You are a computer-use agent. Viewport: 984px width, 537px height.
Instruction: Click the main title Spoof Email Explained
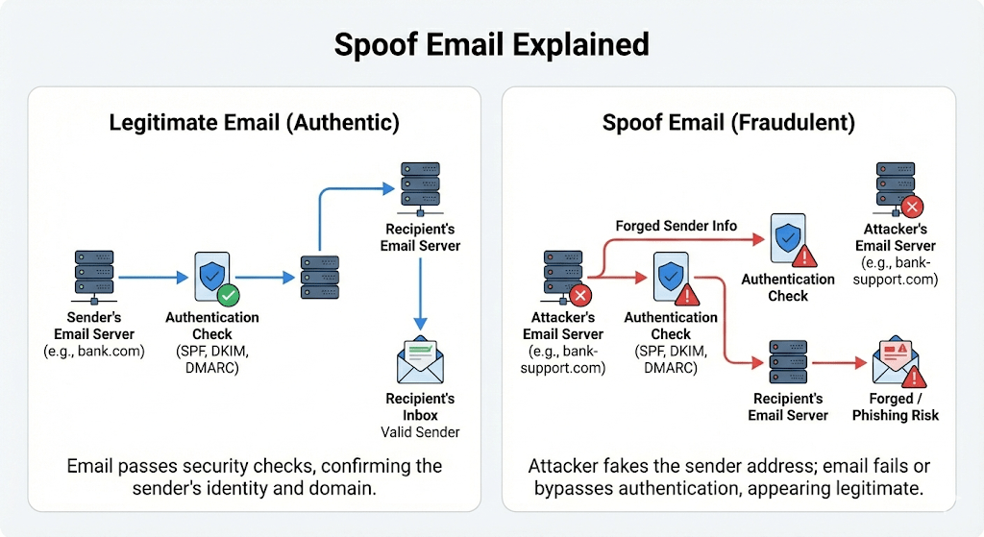(x=491, y=44)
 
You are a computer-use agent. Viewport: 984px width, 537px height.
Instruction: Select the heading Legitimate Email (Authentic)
(x=254, y=123)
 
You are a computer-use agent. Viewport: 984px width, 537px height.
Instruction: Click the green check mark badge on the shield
(x=229, y=294)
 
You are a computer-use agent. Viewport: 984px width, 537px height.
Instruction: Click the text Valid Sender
(x=421, y=432)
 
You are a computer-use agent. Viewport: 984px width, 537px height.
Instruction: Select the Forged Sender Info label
(x=676, y=226)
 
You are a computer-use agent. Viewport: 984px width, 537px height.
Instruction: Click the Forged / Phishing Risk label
(x=896, y=406)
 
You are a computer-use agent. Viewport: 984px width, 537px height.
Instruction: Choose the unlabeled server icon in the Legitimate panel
(x=319, y=277)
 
